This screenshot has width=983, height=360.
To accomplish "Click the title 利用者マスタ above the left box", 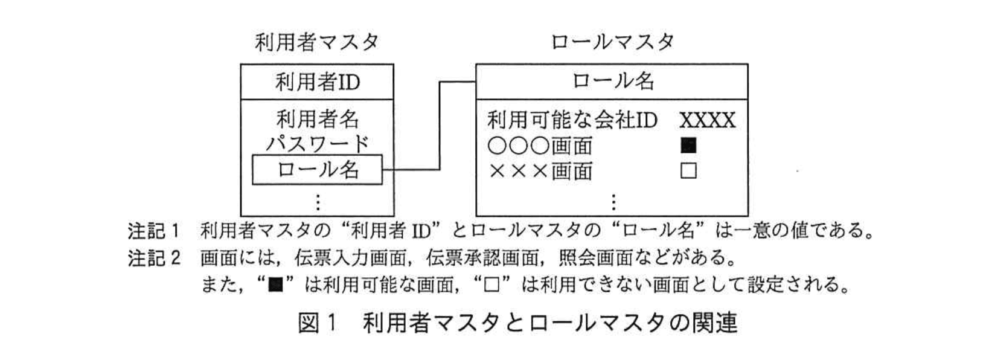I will tap(316, 42).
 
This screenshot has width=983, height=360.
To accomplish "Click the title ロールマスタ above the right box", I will tap(612, 42).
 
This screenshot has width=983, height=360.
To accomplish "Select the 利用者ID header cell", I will tap(317, 82).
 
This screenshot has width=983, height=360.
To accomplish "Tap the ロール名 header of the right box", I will tap(612, 81).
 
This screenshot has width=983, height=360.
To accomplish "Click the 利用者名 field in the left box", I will tap(317, 119).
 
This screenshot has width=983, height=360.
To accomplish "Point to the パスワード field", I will tap(317, 144).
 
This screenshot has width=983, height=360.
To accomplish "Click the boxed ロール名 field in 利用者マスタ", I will tap(317, 170).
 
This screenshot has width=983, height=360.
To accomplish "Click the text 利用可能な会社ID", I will tap(571, 120).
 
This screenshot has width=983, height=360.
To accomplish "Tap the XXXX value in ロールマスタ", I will tap(707, 121).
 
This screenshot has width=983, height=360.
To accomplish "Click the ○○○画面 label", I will tap(540, 146).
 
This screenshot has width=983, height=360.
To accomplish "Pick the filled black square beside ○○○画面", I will tap(688, 146).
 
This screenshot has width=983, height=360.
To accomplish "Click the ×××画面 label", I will tap(540, 172).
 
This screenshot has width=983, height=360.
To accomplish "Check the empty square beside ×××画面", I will tap(688, 171).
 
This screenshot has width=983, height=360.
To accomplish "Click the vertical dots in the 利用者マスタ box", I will tap(317, 201).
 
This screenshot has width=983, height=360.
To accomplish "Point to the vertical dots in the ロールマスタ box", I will tap(613, 201).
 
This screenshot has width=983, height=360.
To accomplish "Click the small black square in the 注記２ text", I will tap(276, 284).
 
